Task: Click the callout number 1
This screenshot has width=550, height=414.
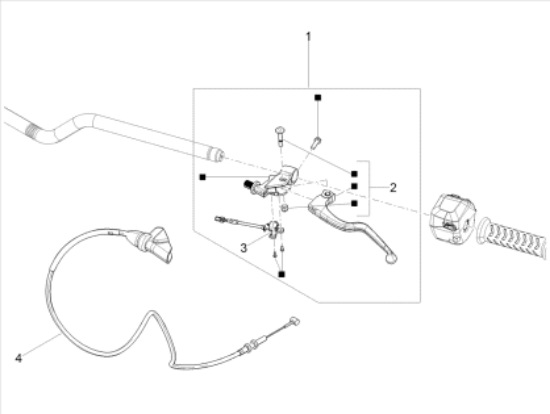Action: (308, 36)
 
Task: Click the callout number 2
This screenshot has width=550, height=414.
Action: (393, 188)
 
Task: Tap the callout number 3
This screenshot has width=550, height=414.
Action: (243, 248)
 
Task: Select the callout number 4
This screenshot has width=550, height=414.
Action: (19, 358)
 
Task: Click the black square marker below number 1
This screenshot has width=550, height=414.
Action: (318, 98)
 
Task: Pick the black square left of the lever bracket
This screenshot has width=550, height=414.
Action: (202, 177)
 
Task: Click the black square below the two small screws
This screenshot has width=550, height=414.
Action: (281, 274)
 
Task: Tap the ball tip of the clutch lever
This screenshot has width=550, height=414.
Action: (391, 259)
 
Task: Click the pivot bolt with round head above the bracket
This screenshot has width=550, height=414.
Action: (280, 136)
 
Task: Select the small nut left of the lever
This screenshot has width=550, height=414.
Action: (285, 208)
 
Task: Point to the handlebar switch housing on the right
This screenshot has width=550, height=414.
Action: (452, 218)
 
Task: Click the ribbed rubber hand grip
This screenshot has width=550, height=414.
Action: (512, 239)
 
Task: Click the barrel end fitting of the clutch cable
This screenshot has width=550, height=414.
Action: (293, 321)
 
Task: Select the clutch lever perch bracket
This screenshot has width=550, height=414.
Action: (274, 182)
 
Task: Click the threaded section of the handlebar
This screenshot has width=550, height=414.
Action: (34, 130)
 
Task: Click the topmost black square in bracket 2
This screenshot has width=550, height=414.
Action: (354, 174)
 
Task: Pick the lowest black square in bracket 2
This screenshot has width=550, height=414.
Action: (354, 203)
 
